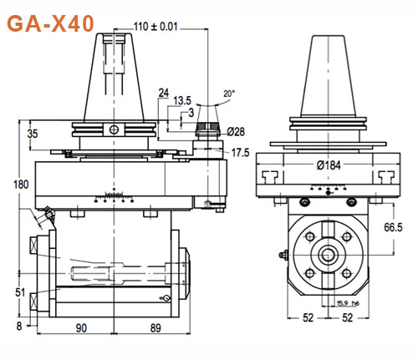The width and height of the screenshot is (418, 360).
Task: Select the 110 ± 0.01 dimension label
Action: tap(156, 26)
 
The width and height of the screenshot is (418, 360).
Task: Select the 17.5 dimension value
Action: tap(242, 153)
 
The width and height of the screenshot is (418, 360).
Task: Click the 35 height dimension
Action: tap(33, 133)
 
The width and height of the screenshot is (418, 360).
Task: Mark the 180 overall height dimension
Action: tap(9, 185)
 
